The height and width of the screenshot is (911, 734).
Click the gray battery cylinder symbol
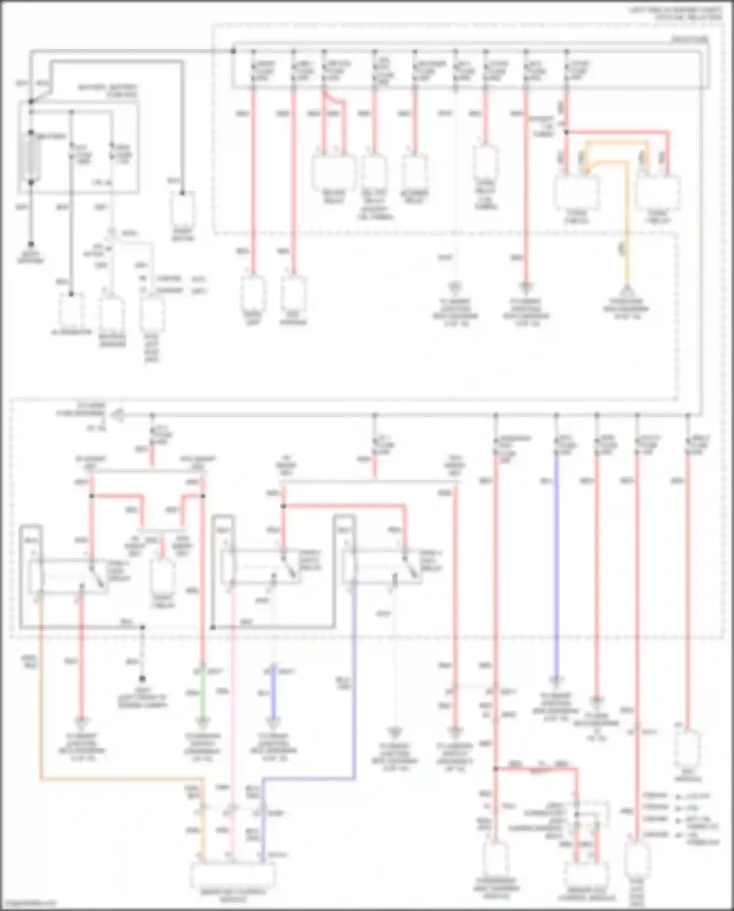coord(31,157)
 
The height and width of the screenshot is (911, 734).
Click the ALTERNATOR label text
coord(71,332)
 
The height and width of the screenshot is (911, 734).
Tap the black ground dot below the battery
coord(31,244)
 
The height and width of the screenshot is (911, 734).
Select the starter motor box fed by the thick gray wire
coord(183,210)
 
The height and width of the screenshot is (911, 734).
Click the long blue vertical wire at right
coord(556,563)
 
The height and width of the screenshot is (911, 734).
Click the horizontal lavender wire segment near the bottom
coord(308,779)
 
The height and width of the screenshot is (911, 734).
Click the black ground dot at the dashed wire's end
coord(142,679)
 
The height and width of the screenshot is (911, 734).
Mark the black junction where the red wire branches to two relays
coord(566,132)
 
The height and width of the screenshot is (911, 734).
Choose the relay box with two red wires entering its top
coord(333,171)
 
